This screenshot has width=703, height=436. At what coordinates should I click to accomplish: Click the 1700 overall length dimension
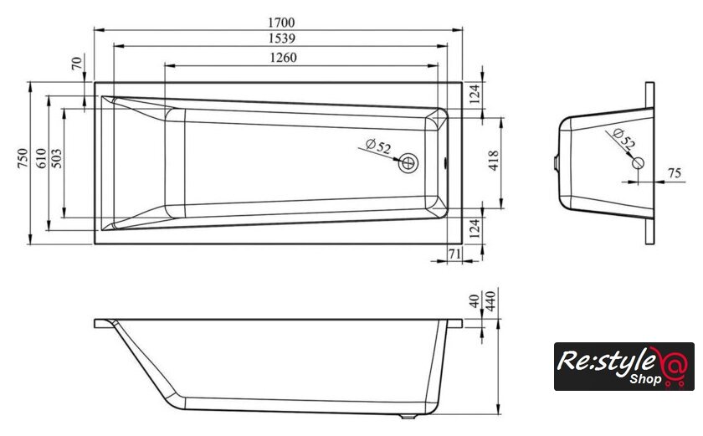click(281, 22)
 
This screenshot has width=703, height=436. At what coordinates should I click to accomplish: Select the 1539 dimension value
click(282, 38)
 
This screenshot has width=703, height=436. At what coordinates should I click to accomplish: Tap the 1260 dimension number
click(283, 58)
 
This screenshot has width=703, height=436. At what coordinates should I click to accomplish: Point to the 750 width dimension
click(23, 158)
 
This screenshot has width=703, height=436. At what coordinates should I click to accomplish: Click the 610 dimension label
click(41, 158)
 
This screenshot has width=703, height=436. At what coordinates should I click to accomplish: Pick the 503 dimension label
click(57, 158)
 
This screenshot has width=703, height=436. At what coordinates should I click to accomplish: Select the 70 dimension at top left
click(77, 63)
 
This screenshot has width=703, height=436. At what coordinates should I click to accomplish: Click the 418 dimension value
click(493, 161)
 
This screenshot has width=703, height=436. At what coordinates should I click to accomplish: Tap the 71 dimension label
click(454, 254)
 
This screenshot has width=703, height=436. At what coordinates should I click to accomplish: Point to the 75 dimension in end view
click(675, 173)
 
